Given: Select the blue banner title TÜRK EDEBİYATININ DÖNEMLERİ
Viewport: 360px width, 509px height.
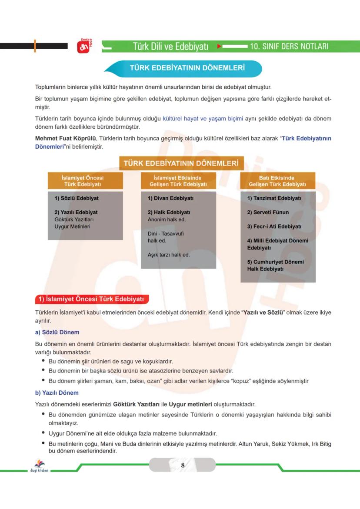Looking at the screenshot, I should pyautogui.click(x=187, y=68).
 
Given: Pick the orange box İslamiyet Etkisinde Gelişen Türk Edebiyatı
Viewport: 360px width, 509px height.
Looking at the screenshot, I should pyautogui.click(x=178, y=181).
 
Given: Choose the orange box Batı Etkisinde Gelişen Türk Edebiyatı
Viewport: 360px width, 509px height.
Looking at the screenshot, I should pyautogui.click(x=277, y=181).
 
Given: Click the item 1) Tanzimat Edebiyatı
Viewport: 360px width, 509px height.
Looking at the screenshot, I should pyautogui.click(x=274, y=198).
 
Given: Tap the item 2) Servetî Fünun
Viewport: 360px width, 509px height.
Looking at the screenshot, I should pyautogui.click(x=268, y=213).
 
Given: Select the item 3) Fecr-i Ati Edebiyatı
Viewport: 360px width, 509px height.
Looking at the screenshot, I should pyautogui.click(x=274, y=226).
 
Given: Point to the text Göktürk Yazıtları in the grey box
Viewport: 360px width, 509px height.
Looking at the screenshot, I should pyautogui.click(x=74, y=220).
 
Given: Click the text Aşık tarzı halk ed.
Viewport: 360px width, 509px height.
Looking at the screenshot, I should pyautogui.click(x=169, y=255).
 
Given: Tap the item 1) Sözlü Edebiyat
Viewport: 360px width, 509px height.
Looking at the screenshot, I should pyautogui.click(x=77, y=198).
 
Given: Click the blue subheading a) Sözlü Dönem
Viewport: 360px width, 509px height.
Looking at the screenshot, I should pyautogui.click(x=57, y=332).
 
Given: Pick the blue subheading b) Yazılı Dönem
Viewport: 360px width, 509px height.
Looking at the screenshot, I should pyautogui.click(x=57, y=393).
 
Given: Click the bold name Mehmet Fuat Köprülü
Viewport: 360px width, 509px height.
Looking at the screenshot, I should pyautogui.click(x=65, y=139).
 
